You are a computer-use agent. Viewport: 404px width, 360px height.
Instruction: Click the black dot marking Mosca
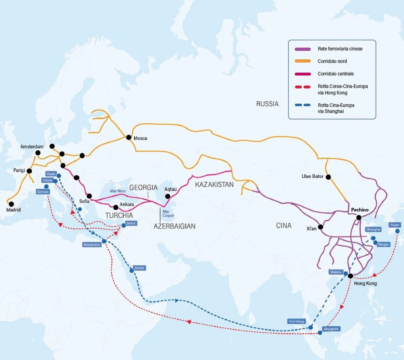(x=127, y=137)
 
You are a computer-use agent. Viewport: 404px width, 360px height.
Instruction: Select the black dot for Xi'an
(x=321, y=227)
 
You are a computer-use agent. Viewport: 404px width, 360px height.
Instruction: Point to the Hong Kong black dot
(x=350, y=276)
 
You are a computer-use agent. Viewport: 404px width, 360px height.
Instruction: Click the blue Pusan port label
(x=394, y=225)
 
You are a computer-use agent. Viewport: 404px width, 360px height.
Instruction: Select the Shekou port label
(x=336, y=272)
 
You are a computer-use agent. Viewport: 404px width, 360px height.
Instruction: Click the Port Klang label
(x=297, y=321)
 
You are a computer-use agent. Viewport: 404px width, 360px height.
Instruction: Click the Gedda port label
(x=139, y=268)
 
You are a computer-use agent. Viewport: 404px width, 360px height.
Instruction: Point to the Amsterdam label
(x=32, y=147)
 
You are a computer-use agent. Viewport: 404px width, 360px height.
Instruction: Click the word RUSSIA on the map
(x=267, y=104)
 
